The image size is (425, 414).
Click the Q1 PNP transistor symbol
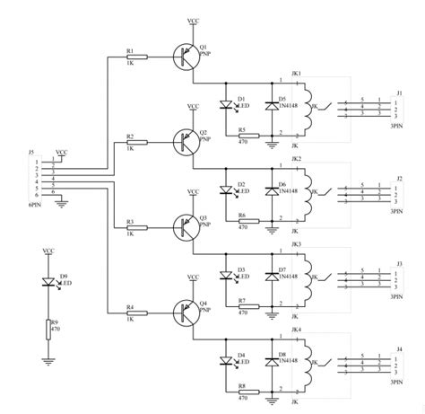pyautogui.click(x=186, y=56)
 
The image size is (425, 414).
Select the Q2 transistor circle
pyautogui.click(x=186, y=141)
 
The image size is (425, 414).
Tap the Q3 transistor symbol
pyautogui.click(x=186, y=225)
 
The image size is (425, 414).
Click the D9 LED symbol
pyautogui.click(x=50, y=281)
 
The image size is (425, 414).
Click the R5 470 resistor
pyautogui.click(x=244, y=136)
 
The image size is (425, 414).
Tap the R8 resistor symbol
pyautogui.click(x=244, y=392)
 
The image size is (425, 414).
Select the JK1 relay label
pyautogui.click(x=297, y=73)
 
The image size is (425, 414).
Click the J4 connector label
pyautogui.click(x=400, y=348)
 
